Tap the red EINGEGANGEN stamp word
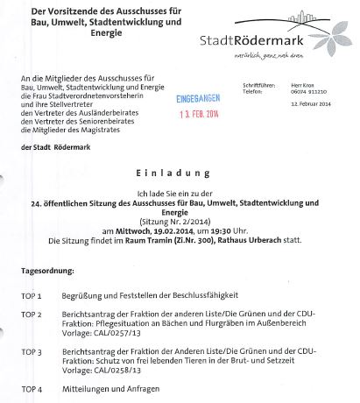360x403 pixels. pos(182,103)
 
